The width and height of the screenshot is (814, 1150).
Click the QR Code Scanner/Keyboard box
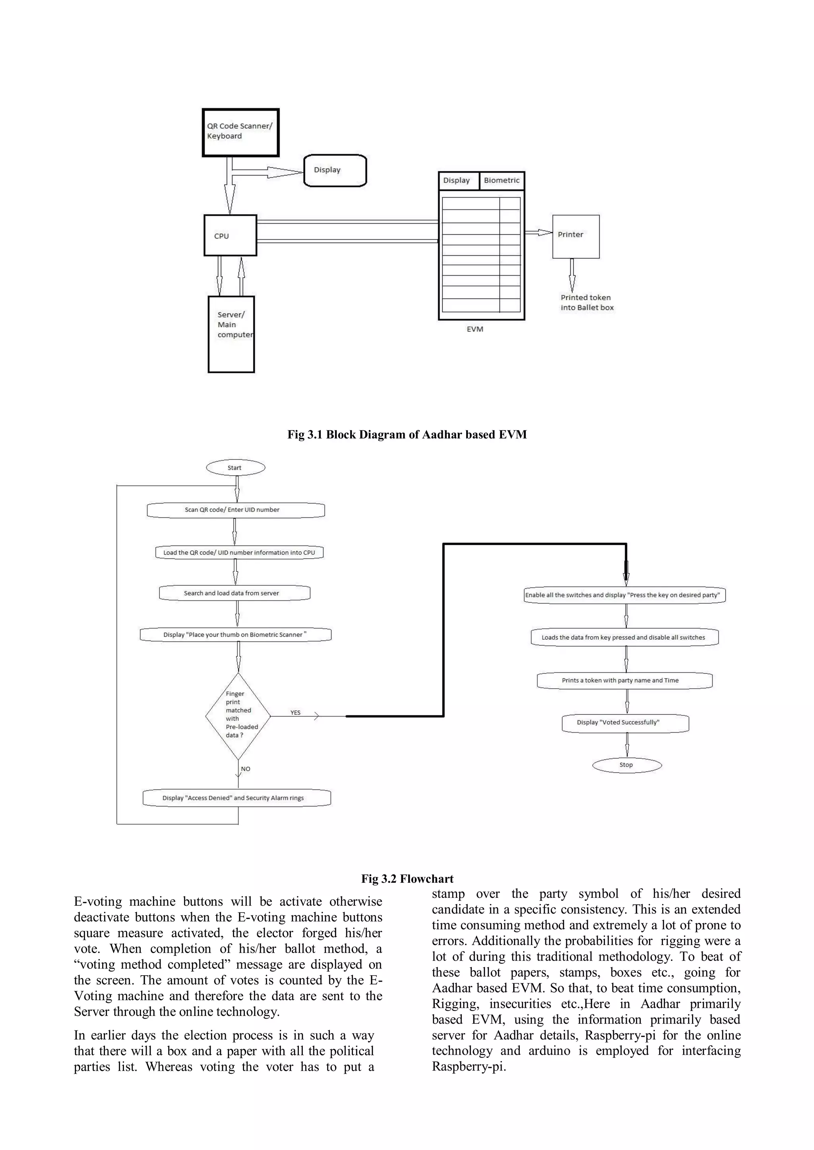pos(240,132)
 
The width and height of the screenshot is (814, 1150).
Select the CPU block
pos(230,235)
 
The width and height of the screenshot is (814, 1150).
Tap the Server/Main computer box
pos(231,334)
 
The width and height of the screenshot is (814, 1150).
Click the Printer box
pos(576,236)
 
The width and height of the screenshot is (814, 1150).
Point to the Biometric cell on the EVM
pos(502,180)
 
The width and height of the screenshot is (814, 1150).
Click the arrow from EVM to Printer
pos(538,232)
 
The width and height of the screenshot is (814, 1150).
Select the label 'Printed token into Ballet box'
pos(586,303)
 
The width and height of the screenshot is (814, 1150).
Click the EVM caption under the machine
pos(475,329)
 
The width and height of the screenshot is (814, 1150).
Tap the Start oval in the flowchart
pos(235,468)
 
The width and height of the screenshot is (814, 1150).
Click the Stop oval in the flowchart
pos(626,765)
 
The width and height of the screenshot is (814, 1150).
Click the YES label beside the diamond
pos(295,712)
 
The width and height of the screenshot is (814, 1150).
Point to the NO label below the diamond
pos(246,769)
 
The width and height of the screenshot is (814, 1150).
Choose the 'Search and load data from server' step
pos(234,593)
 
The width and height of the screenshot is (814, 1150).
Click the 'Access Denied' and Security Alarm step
pos(236,798)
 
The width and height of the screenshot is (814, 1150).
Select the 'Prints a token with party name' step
pos(624,680)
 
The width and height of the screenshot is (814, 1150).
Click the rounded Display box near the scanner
pos(335,170)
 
